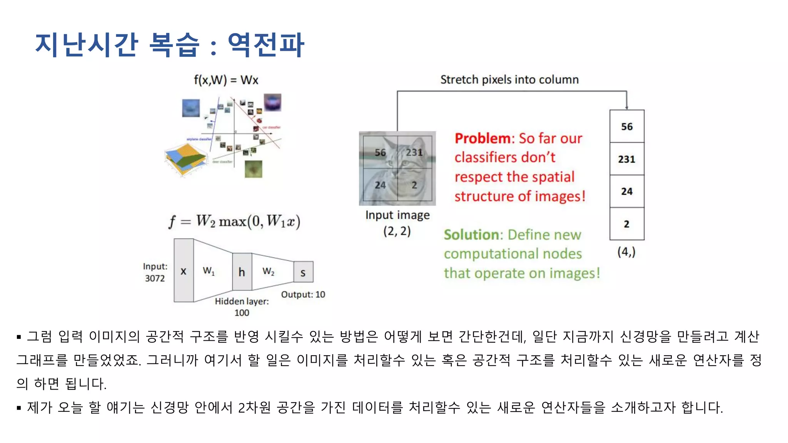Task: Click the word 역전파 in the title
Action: click(x=265, y=45)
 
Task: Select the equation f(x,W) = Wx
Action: click(x=226, y=80)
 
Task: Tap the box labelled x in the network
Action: click(x=184, y=271)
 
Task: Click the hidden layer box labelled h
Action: click(x=242, y=272)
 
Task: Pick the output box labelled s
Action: click(x=303, y=272)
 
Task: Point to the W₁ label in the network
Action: click(x=209, y=271)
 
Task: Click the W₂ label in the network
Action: click(x=268, y=271)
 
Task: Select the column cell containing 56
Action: click(x=626, y=127)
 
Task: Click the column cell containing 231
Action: click(x=626, y=159)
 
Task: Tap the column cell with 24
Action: click(x=626, y=191)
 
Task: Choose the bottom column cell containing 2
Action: click(x=626, y=224)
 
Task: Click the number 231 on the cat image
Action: click(x=414, y=153)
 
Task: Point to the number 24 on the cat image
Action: click(x=380, y=185)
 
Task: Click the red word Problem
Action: click(x=482, y=138)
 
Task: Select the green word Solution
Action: click(x=471, y=235)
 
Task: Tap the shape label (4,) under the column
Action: click(x=626, y=252)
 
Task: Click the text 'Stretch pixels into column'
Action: click(x=509, y=80)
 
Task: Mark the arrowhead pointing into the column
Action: click(x=626, y=107)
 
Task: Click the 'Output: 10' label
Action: click(x=303, y=295)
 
